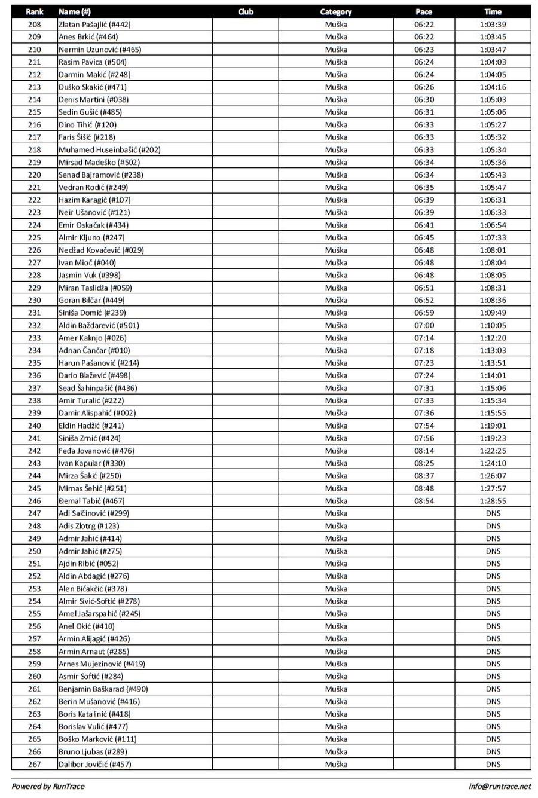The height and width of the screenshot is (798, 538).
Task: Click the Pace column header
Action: coord(423,11)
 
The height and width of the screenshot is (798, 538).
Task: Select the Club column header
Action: coord(245,11)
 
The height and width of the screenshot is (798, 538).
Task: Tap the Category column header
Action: coord(336,11)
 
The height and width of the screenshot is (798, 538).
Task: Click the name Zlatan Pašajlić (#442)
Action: coord(94,25)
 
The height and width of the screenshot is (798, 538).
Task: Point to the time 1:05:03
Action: coord(493,100)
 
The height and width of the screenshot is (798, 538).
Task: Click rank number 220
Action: coord(35,175)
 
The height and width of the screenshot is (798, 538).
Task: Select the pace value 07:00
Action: coord(424,326)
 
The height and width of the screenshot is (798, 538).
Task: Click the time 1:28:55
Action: coord(493,501)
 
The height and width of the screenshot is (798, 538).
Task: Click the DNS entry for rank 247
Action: coord(493,513)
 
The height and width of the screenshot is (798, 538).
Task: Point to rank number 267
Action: coord(35,765)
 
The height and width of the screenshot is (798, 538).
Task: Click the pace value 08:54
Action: coord(424,501)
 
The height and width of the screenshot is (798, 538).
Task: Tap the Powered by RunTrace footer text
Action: coord(48,787)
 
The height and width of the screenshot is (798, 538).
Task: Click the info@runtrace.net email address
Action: coord(500,787)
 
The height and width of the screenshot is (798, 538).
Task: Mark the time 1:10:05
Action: coord(493,326)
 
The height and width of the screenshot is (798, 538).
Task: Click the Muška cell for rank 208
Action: coord(336,25)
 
